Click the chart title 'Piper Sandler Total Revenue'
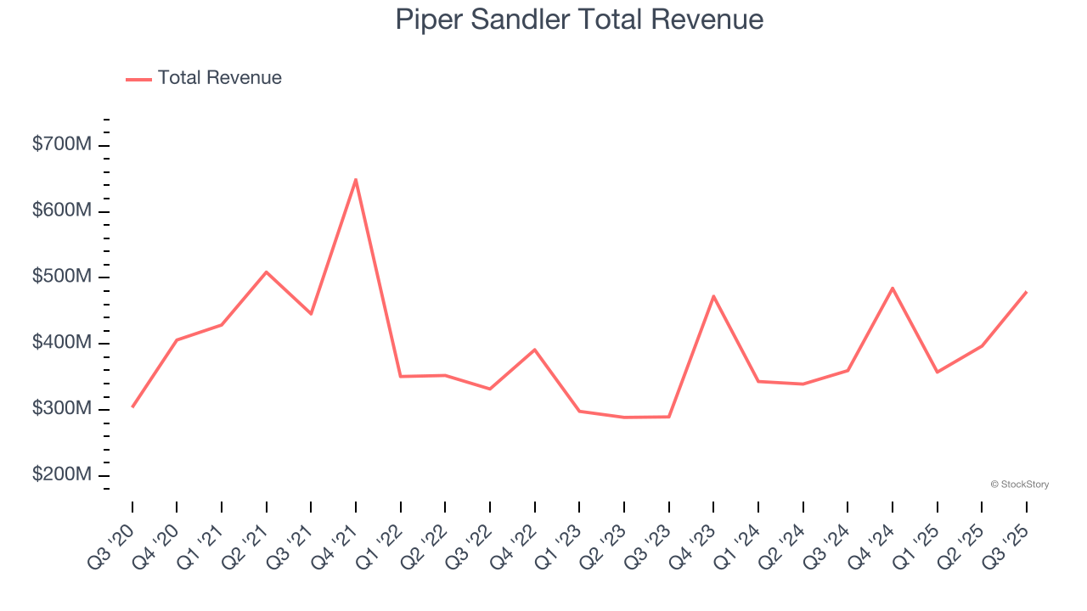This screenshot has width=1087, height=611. [579, 20]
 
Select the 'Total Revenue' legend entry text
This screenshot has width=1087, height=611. [219, 78]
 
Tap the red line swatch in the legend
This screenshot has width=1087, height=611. [138, 79]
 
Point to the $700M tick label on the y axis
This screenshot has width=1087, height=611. [61, 145]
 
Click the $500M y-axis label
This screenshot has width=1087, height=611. [61, 277]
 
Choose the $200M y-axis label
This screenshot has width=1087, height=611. [61, 474]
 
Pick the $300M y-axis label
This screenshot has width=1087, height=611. [61, 408]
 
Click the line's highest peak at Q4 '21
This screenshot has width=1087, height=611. [356, 179]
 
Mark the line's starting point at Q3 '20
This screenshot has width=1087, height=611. [132, 406]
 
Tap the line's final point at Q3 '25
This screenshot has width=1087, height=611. [1026, 292]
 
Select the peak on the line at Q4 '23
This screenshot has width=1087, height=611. [713, 296]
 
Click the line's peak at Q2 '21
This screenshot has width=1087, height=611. [267, 272]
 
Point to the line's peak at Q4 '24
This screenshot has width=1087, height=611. [893, 289]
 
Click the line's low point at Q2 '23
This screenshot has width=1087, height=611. [624, 417]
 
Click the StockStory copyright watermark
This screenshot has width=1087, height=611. [1019, 485]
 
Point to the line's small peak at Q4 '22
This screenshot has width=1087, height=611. [535, 350]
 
